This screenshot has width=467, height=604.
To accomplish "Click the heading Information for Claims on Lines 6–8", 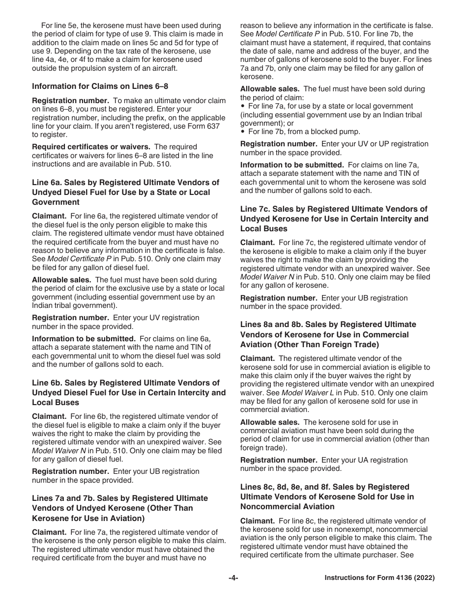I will pos(100,86).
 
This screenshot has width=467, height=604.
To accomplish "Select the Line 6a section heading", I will pos(125,192).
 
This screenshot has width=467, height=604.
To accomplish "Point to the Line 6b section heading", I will pos(129,392).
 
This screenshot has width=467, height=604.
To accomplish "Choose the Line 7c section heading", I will pos(334,219).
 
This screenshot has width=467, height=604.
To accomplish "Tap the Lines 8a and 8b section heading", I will pos(328,334).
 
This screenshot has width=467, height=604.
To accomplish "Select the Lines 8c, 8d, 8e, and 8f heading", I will pos(327,496).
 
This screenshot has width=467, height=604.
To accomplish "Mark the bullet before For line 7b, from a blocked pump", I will pos(243,132).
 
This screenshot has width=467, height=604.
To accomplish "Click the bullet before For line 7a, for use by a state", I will pos(243,107).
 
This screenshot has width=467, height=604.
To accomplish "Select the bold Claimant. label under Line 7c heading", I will pos(257,243).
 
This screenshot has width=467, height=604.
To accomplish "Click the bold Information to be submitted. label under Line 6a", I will pos(84,339).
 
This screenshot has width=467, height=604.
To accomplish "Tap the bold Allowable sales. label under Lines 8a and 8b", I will pos(269,422).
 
